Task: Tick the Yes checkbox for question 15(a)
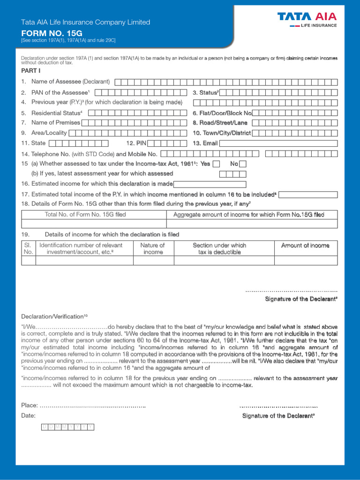[x=216, y=164]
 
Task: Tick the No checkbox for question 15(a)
[x=243, y=164]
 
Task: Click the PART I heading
[x=30, y=70]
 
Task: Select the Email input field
[x=278, y=143]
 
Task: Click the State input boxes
[x=79, y=143]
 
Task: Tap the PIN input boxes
[x=170, y=143]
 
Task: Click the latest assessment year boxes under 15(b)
[x=230, y=174]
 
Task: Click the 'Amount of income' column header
[x=305, y=246]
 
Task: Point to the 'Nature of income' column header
[x=153, y=248]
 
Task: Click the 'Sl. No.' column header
[x=28, y=248]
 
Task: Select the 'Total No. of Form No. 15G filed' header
[x=85, y=215]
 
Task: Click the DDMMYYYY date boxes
[x=67, y=427]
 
